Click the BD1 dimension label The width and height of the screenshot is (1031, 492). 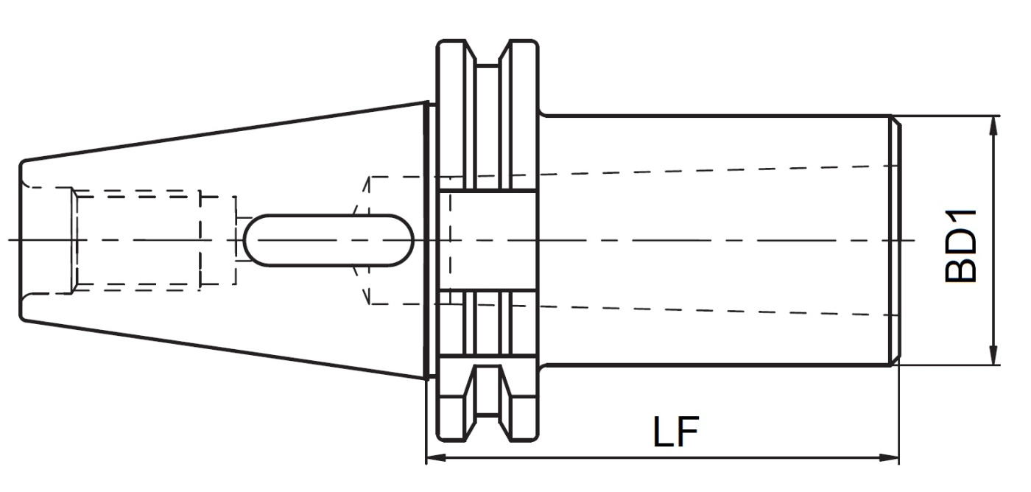(x=960, y=246)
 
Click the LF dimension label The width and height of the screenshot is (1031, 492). (x=676, y=432)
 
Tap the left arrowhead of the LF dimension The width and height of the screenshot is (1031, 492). (x=436, y=458)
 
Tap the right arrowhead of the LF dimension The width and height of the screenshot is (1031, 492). (x=889, y=458)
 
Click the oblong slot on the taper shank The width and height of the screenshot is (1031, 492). (x=328, y=240)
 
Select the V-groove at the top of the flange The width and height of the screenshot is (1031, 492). (x=488, y=53)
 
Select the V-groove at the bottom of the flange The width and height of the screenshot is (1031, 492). (x=488, y=428)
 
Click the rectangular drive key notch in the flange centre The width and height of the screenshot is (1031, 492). (x=487, y=240)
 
